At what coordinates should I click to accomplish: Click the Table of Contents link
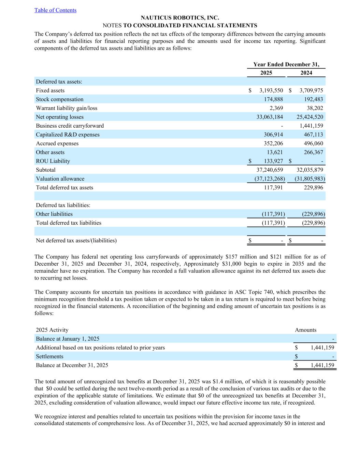[55, 10]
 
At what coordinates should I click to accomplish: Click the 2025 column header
[266, 73]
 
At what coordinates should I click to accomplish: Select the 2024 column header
[306, 73]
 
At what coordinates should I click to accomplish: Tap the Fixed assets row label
[50, 90]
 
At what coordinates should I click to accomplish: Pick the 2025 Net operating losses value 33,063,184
[270, 117]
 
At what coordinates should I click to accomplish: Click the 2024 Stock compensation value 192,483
[313, 99]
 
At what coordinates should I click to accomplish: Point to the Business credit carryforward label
[70, 126]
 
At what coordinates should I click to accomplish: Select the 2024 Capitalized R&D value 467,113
[313, 135]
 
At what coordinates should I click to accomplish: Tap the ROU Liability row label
[53, 161]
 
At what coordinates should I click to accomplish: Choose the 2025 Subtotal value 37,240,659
[270, 170]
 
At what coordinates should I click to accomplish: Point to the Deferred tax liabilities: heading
[63, 205]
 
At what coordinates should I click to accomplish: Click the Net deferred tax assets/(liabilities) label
[76, 241]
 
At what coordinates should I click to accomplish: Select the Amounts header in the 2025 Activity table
[305, 330]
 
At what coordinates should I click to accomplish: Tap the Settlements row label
[49, 356]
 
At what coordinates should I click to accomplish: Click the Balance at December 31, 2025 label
[72, 365]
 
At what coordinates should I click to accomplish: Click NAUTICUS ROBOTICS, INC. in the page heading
[180, 18]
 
